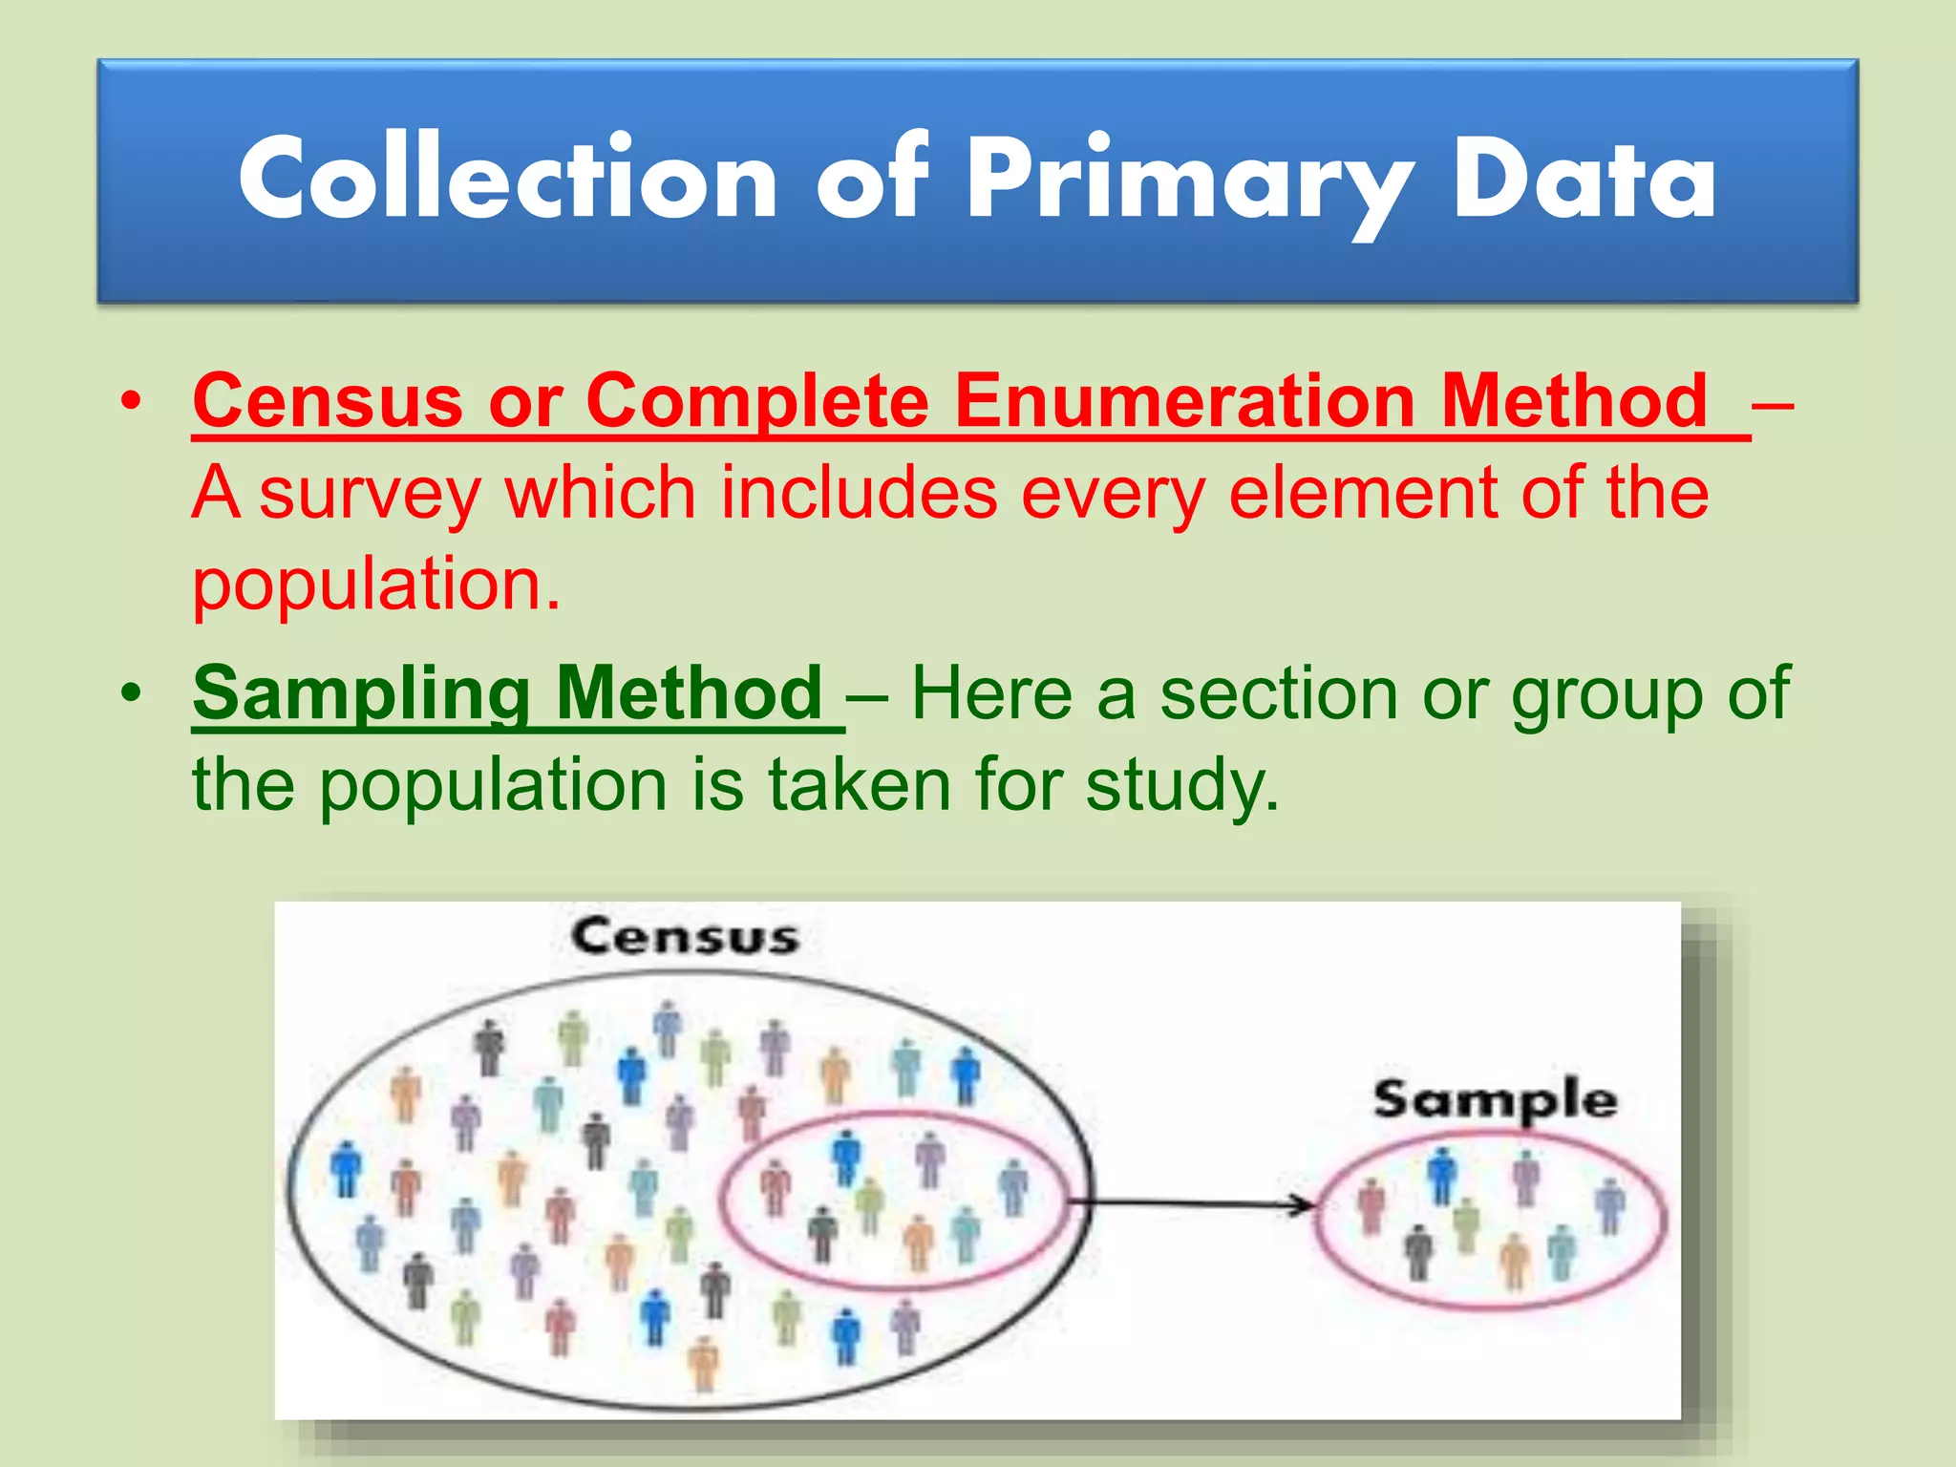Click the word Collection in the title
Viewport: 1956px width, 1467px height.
click(x=508, y=180)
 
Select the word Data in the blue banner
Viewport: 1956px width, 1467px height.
click(x=1584, y=180)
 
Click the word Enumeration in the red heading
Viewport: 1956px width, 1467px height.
click(x=1185, y=401)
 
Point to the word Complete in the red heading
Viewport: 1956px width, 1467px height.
click(x=756, y=401)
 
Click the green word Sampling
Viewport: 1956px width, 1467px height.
click(x=361, y=695)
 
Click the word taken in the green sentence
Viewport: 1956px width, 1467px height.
click(x=860, y=785)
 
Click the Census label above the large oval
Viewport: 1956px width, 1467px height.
click(x=684, y=936)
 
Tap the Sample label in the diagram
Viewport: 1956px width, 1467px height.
click(x=1495, y=1100)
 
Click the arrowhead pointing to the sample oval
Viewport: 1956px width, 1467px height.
click(x=1303, y=1205)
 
